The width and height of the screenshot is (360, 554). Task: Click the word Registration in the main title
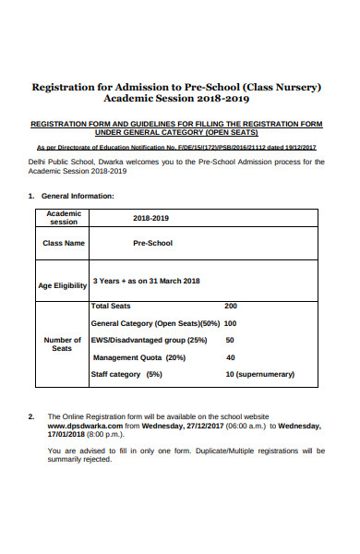(66, 88)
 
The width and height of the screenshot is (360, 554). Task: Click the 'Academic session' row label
(64, 218)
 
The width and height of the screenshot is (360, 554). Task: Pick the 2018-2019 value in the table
(150, 218)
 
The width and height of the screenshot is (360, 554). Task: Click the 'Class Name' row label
(64, 244)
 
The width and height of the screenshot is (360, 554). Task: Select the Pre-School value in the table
(152, 244)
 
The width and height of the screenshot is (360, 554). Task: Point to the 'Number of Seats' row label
(62, 344)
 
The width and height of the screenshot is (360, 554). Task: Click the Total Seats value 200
(231, 306)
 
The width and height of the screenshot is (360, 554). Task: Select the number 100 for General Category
(231, 323)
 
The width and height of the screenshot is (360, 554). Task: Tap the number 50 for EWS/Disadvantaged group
(231, 340)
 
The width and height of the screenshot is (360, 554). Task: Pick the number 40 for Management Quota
(231, 357)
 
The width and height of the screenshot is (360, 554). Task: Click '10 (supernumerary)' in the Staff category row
(260, 374)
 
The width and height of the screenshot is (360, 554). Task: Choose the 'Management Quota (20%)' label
(139, 357)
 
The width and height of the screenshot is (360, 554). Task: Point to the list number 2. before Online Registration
(32, 417)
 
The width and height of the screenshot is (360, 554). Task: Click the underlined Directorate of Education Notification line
(176, 147)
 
